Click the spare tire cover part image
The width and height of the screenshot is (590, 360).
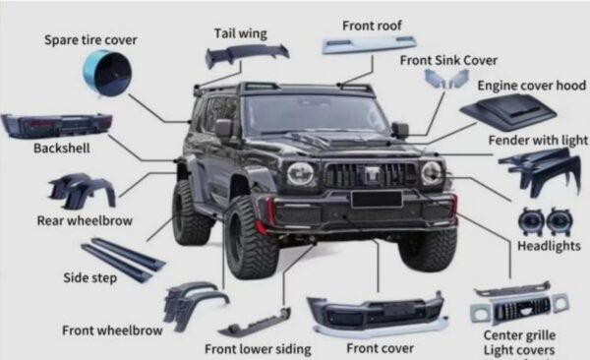[x=107, y=74]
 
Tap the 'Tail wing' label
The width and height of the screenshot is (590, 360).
[x=241, y=33]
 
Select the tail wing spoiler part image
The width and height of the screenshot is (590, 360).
[x=247, y=55]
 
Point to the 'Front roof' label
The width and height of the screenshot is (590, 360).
[x=372, y=26]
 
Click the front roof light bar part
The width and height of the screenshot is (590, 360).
[x=370, y=43]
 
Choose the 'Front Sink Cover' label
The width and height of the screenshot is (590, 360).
[x=448, y=60]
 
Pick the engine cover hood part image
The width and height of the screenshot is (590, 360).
[x=508, y=111]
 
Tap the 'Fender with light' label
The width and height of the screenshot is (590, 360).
[x=538, y=141]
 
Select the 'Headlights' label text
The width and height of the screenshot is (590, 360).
[x=549, y=246]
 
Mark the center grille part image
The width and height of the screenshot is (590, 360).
[x=519, y=304]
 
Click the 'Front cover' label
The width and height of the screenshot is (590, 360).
[x=380, y=348]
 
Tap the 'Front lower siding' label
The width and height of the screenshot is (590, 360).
[x=258, y=349]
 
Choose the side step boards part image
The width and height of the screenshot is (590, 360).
[x=123, y=259]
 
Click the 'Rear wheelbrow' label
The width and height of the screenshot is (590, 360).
[x=85, y=220]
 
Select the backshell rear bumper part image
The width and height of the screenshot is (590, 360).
[x=56, y=126]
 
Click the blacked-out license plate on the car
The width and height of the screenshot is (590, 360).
[x=377, y=200]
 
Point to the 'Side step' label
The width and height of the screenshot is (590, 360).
[x=89, y=278]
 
